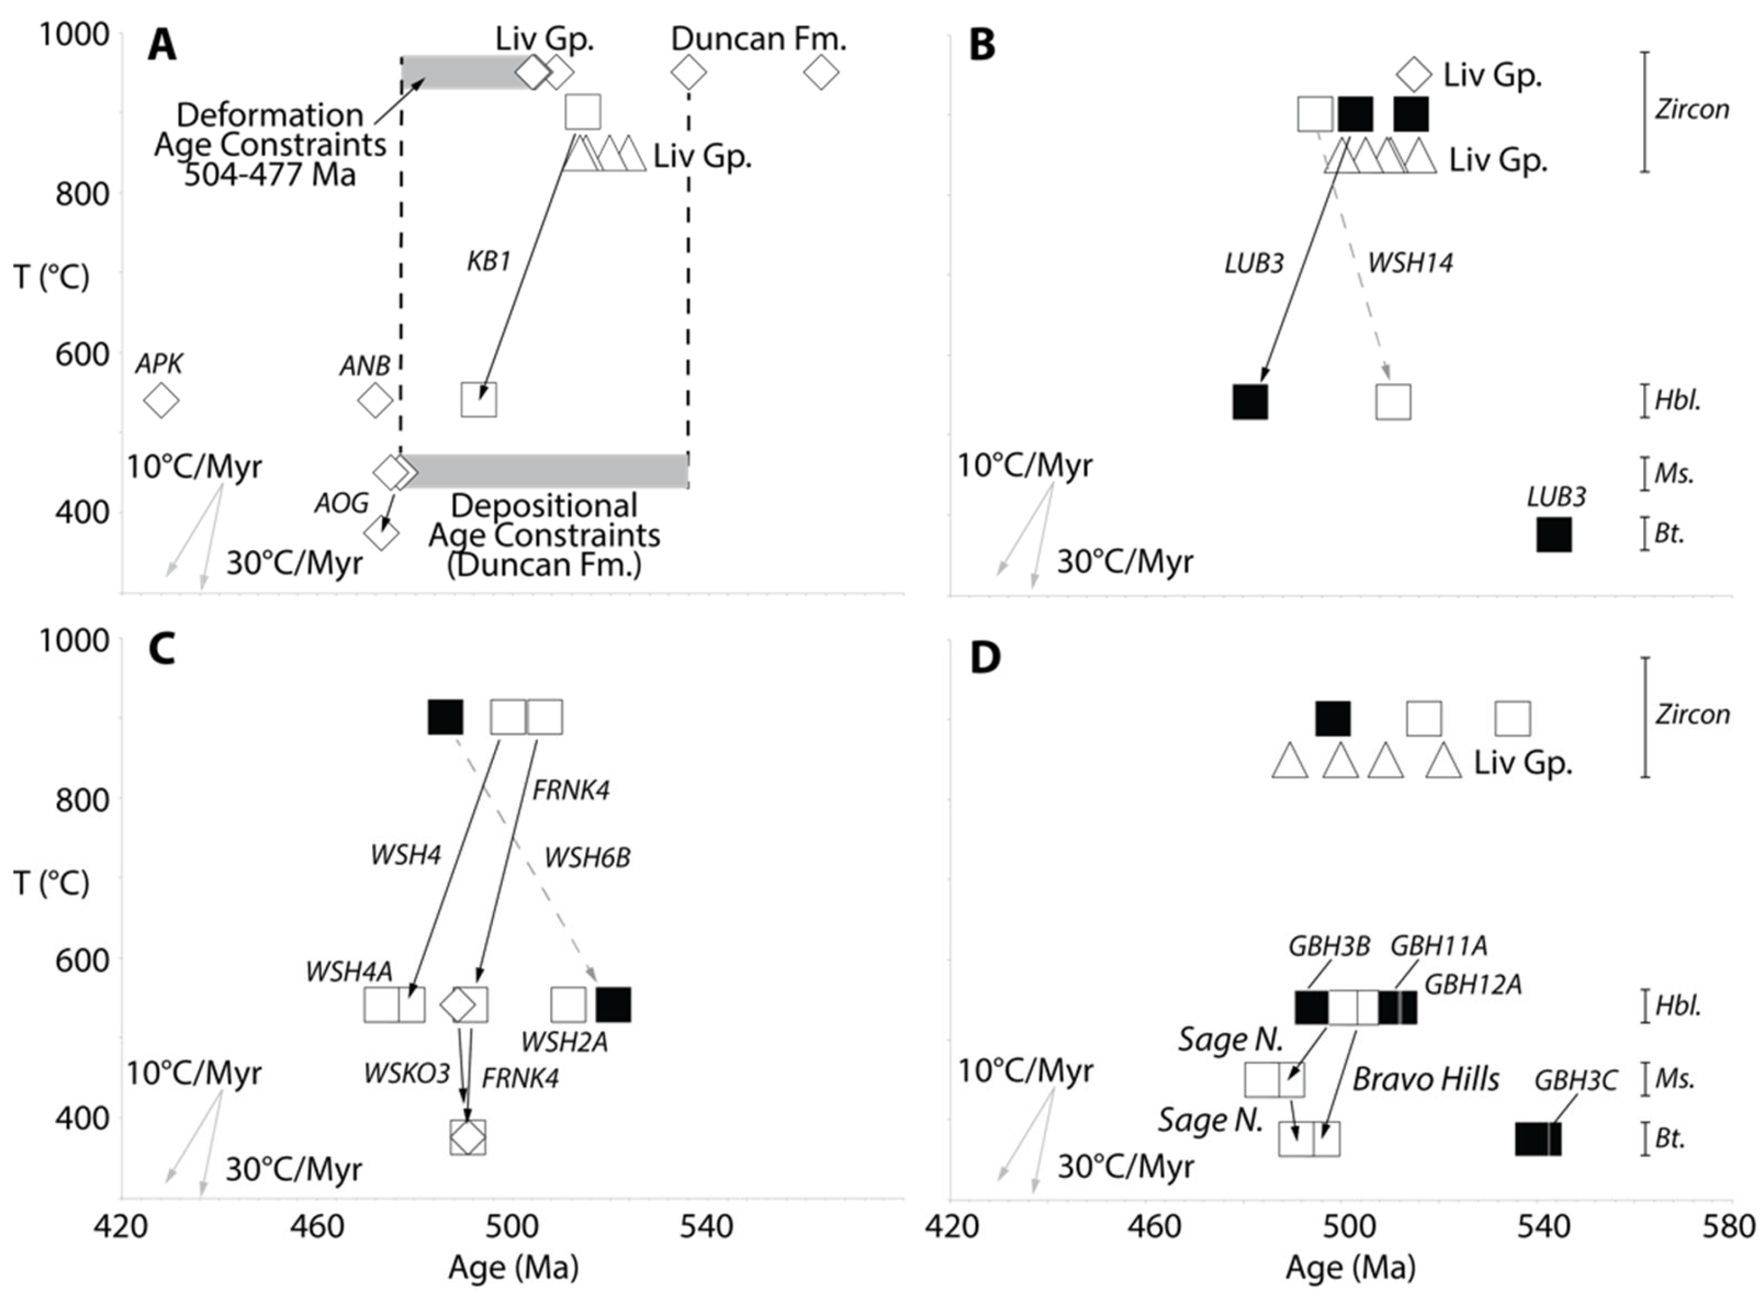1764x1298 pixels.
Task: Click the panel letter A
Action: pos(162,46)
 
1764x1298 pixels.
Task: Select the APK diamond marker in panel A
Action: pos(161,401)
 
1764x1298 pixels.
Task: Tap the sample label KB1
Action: pos(489,261)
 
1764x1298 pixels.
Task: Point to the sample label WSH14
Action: pos(1410,263)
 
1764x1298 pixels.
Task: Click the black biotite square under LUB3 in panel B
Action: pos(1553,534)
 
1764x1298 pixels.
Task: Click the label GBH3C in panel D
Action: pos(1576,1081)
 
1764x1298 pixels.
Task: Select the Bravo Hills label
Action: pos(1425,1080)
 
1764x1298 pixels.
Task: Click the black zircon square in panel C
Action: pos(444,718)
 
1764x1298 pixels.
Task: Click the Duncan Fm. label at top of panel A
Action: pos(758,39)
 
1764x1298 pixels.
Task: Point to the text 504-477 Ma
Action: pos(269,174)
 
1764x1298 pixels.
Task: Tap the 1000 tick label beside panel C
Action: pos(75,641)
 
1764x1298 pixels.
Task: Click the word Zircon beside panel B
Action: pos(1692,109)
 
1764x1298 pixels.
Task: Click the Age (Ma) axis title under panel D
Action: pos(1350,1267)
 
